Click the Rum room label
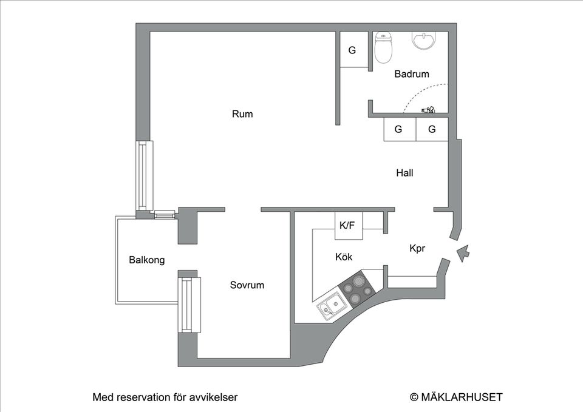[x=242, y=114]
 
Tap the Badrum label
[x=412, y=74]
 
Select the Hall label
[x=404, y=173]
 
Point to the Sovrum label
[x=247, y=285]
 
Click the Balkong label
[x=147, y=260]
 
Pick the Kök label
[x=344, y=257]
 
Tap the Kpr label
[x=417, y=248]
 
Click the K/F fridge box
[x=347, y=225]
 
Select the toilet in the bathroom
[x=383, y=48]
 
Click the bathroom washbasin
[x=424, y=39]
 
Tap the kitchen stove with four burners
[x=356, y=289]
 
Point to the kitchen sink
[x=330, y=306]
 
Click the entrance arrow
[x=463, y=252]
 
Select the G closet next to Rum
[x=352, y=50]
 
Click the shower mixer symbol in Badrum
[x=429, y=110]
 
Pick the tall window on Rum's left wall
[x=144, y=175]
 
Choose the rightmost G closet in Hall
[x=432, y=129]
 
